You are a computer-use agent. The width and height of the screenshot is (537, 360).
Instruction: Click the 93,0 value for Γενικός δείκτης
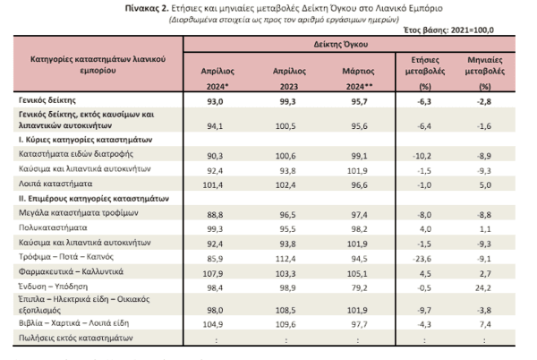[x=215, y=102]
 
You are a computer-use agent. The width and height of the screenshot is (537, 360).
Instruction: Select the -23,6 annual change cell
[x=422, y=259]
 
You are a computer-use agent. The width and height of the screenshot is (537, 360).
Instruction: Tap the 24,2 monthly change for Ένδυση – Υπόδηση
[x=483, y=287]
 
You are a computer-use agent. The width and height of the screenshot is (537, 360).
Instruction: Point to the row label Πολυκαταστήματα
[x=53, y=227]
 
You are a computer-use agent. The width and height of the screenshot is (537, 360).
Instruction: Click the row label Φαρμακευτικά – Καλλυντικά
[x=71, y=271]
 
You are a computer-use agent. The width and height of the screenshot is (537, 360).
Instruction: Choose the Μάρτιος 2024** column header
[x=359, y=79]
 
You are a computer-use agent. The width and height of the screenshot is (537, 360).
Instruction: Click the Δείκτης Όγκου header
[x=341, y=44]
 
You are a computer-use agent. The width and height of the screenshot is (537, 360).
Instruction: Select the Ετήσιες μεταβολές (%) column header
[x=425, y=73]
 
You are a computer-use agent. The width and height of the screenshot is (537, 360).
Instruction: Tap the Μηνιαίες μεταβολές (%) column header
[x=485, y=73]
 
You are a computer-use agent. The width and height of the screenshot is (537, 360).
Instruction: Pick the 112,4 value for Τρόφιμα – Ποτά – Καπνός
[x=286, y=259]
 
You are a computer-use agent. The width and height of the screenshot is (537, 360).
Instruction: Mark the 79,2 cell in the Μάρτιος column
[x=359, y=287]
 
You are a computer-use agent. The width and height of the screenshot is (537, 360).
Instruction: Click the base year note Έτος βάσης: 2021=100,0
[x=448, y=30]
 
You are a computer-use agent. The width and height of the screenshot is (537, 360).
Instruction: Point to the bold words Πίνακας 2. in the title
[x=147, y=8]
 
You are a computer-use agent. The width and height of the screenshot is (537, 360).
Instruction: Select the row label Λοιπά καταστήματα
[x=55, y=184]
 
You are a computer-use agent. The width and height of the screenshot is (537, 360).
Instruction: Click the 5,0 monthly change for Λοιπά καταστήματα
[x=485, y=185]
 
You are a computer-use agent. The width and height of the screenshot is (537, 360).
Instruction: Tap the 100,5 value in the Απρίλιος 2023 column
[x=286, y=126]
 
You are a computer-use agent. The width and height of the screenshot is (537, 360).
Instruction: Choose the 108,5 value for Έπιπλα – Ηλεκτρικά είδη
[x=286, y=311]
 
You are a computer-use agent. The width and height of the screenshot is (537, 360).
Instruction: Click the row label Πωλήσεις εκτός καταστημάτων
[x=76, y=339]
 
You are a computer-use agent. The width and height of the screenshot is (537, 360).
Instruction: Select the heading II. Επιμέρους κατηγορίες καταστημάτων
[x=94, y=199]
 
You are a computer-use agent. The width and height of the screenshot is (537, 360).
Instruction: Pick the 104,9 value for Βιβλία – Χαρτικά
[x=213, y=324]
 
